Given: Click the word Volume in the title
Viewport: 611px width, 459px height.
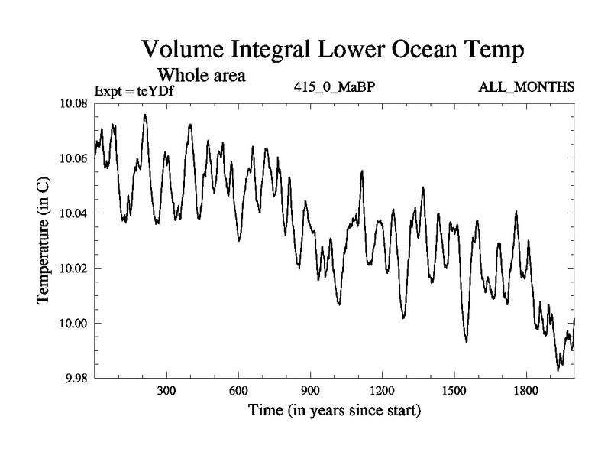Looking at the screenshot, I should click(186, 51).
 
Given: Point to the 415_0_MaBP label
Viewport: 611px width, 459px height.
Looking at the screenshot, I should click(334, 86).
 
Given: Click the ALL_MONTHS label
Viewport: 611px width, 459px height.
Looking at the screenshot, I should click(526, 86).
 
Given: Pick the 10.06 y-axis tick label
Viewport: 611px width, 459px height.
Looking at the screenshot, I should click(73, 158).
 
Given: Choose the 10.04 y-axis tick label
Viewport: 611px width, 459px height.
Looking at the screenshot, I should click(73, 213).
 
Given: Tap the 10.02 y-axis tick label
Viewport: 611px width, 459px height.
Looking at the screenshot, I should click(73, 269).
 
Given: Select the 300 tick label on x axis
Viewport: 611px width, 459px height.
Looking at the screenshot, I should click(166, 391).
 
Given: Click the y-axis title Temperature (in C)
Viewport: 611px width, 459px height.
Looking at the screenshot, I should click(44, 240).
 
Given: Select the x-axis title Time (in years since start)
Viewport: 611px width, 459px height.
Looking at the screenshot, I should click(334, 411).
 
